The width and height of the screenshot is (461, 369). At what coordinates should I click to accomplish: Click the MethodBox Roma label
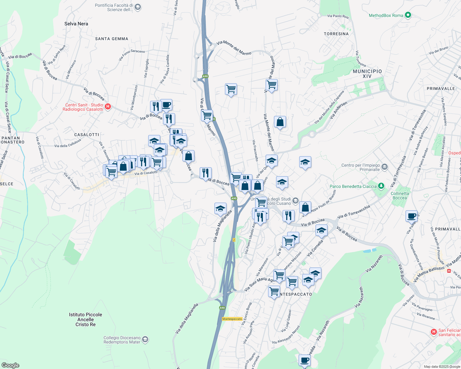coord(386,15)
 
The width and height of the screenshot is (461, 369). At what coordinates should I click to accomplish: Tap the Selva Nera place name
coord(76,24)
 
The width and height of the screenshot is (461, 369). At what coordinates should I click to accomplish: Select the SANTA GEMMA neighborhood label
coord(112,39)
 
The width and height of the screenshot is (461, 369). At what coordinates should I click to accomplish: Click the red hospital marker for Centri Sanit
coord(108,107)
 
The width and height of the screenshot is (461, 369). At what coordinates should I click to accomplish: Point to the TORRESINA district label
coord(336,34)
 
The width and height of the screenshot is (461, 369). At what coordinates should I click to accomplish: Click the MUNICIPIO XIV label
coord(367,73)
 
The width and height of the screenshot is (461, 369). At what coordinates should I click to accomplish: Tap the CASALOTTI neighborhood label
coord(87,135)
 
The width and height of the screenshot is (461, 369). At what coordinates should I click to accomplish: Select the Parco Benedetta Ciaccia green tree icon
coord(381,186)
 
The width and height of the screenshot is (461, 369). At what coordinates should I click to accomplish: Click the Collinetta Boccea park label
coord(400,196)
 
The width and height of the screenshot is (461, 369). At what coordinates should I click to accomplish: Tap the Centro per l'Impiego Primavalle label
coord(361,167)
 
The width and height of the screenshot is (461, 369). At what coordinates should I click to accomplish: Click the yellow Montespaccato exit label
coord(232,319)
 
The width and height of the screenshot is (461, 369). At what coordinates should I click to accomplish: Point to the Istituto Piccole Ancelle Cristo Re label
coord(85,319)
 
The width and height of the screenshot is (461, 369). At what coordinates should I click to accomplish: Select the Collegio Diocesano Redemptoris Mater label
coord(122,340)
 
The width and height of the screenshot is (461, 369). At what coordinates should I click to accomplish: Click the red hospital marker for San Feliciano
coord(434,332)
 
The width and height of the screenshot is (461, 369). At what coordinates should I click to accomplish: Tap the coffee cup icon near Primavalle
coord(411,216)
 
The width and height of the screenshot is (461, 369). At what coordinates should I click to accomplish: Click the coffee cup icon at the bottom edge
coord(304,360)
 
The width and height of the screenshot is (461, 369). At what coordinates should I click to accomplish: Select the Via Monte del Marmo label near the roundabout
coord(234,48)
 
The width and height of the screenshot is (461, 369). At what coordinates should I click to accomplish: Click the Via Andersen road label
coord(338,110)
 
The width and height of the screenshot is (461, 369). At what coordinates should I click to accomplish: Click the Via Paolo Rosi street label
coord(338,16)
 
